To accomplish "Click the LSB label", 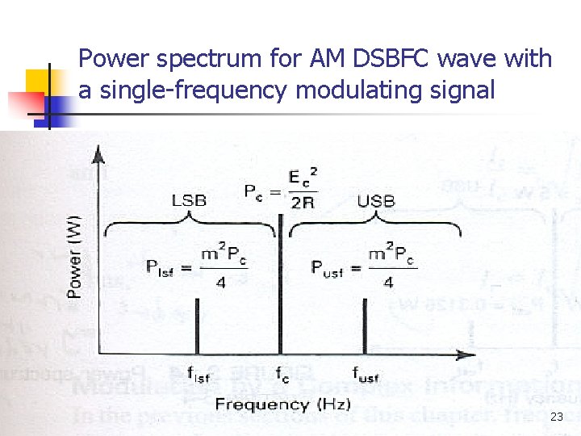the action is [x=190, y=199].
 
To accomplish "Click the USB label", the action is [x=376, y=199].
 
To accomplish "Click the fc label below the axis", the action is [x=282, y=374].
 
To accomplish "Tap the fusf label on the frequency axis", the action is [x=366, y=374].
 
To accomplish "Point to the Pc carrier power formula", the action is [x=279, y=189].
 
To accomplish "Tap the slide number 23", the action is [x=557, y=417].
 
